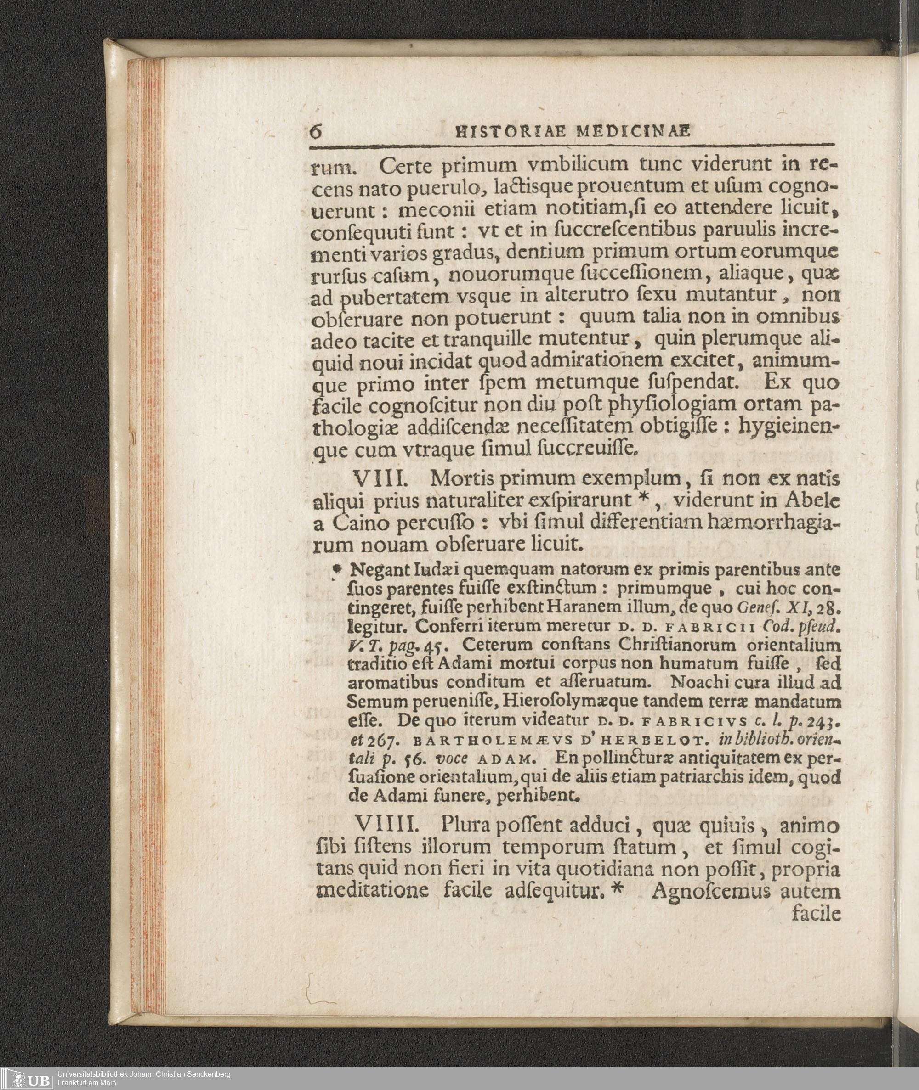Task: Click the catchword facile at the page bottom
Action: [x=816, y=914]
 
